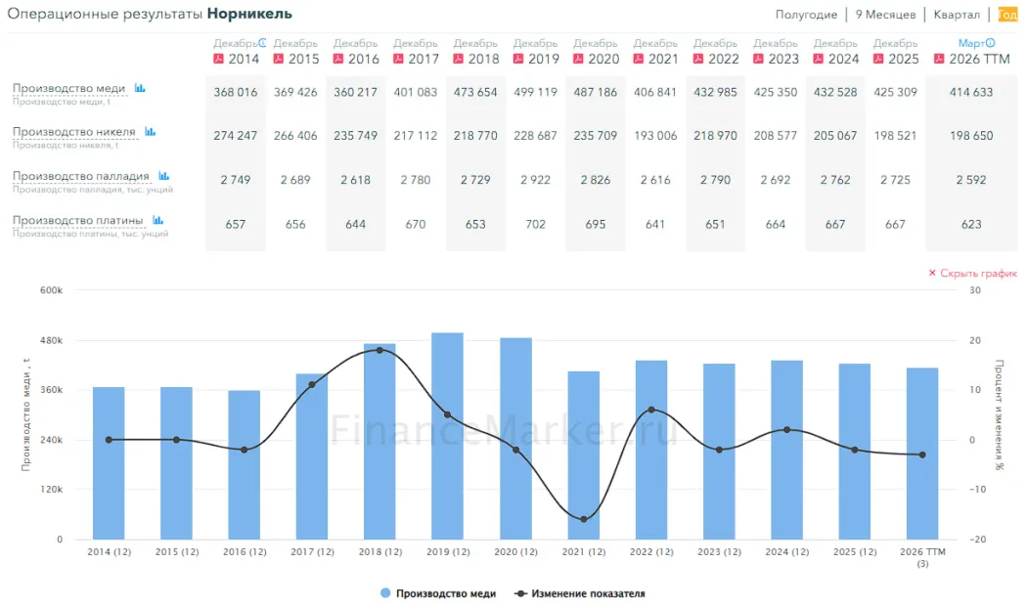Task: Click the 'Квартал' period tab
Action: (x=957, y=15)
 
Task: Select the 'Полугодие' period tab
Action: (x=806, y=15)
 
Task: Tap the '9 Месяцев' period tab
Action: (x=885, y=15)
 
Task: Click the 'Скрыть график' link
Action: (x=972, y=273)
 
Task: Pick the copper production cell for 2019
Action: (x=535, y=92)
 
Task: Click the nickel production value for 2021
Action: (x=655, y=136)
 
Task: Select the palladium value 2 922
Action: (x=535, y=180)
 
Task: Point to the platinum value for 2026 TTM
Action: (x=971, y=224)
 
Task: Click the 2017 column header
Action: (x=416, y=52)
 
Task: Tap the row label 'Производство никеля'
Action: (x=74, y=132)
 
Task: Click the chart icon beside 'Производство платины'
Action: (x=157, y=220)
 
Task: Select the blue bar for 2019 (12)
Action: (x=447, y=436)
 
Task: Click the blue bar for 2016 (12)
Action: (x=245, y=465)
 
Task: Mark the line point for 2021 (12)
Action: (x=584, y=519)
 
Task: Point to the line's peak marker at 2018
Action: (x=380, y=350)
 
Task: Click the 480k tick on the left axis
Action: (x=52, y=340)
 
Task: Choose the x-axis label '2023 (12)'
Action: (x=719, y=552)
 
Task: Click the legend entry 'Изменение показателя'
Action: (x=580, y=594)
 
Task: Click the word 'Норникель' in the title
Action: (x=249, y=14)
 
